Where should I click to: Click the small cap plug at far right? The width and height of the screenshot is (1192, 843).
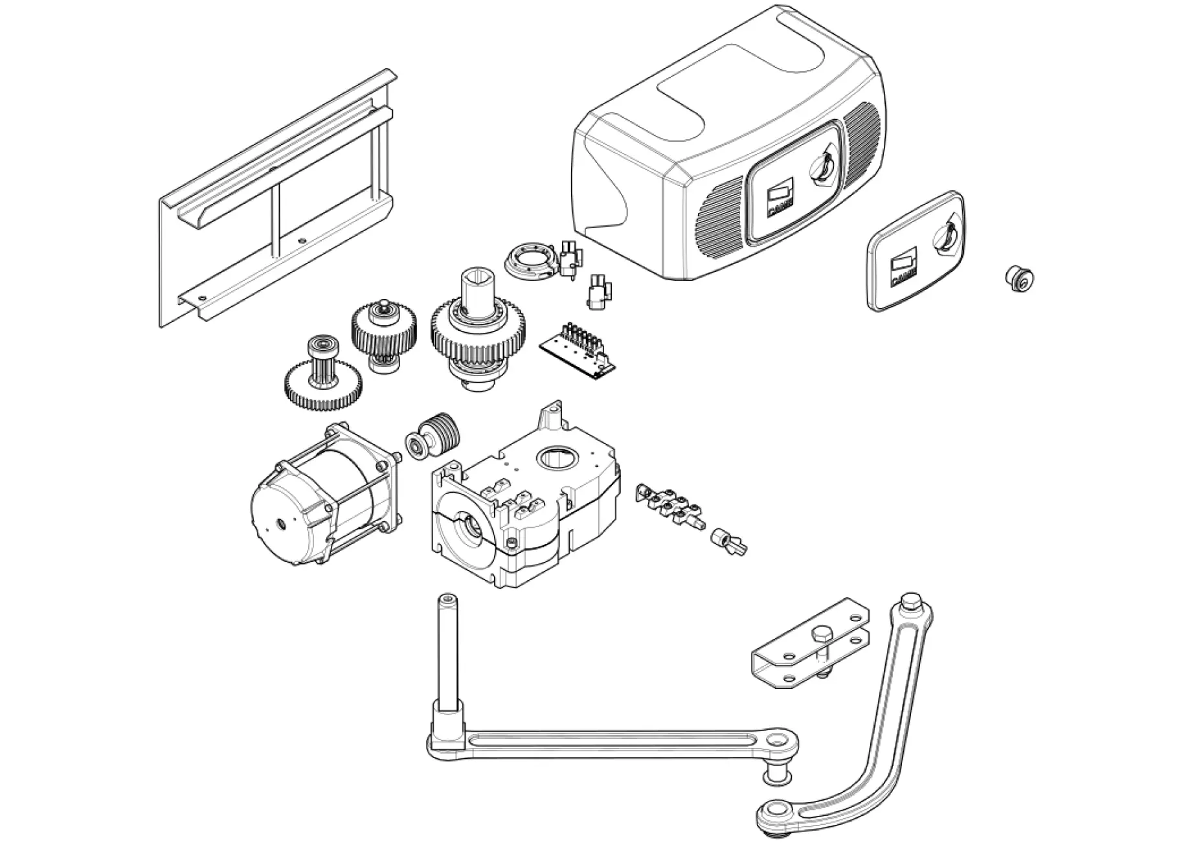point(1019,278)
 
